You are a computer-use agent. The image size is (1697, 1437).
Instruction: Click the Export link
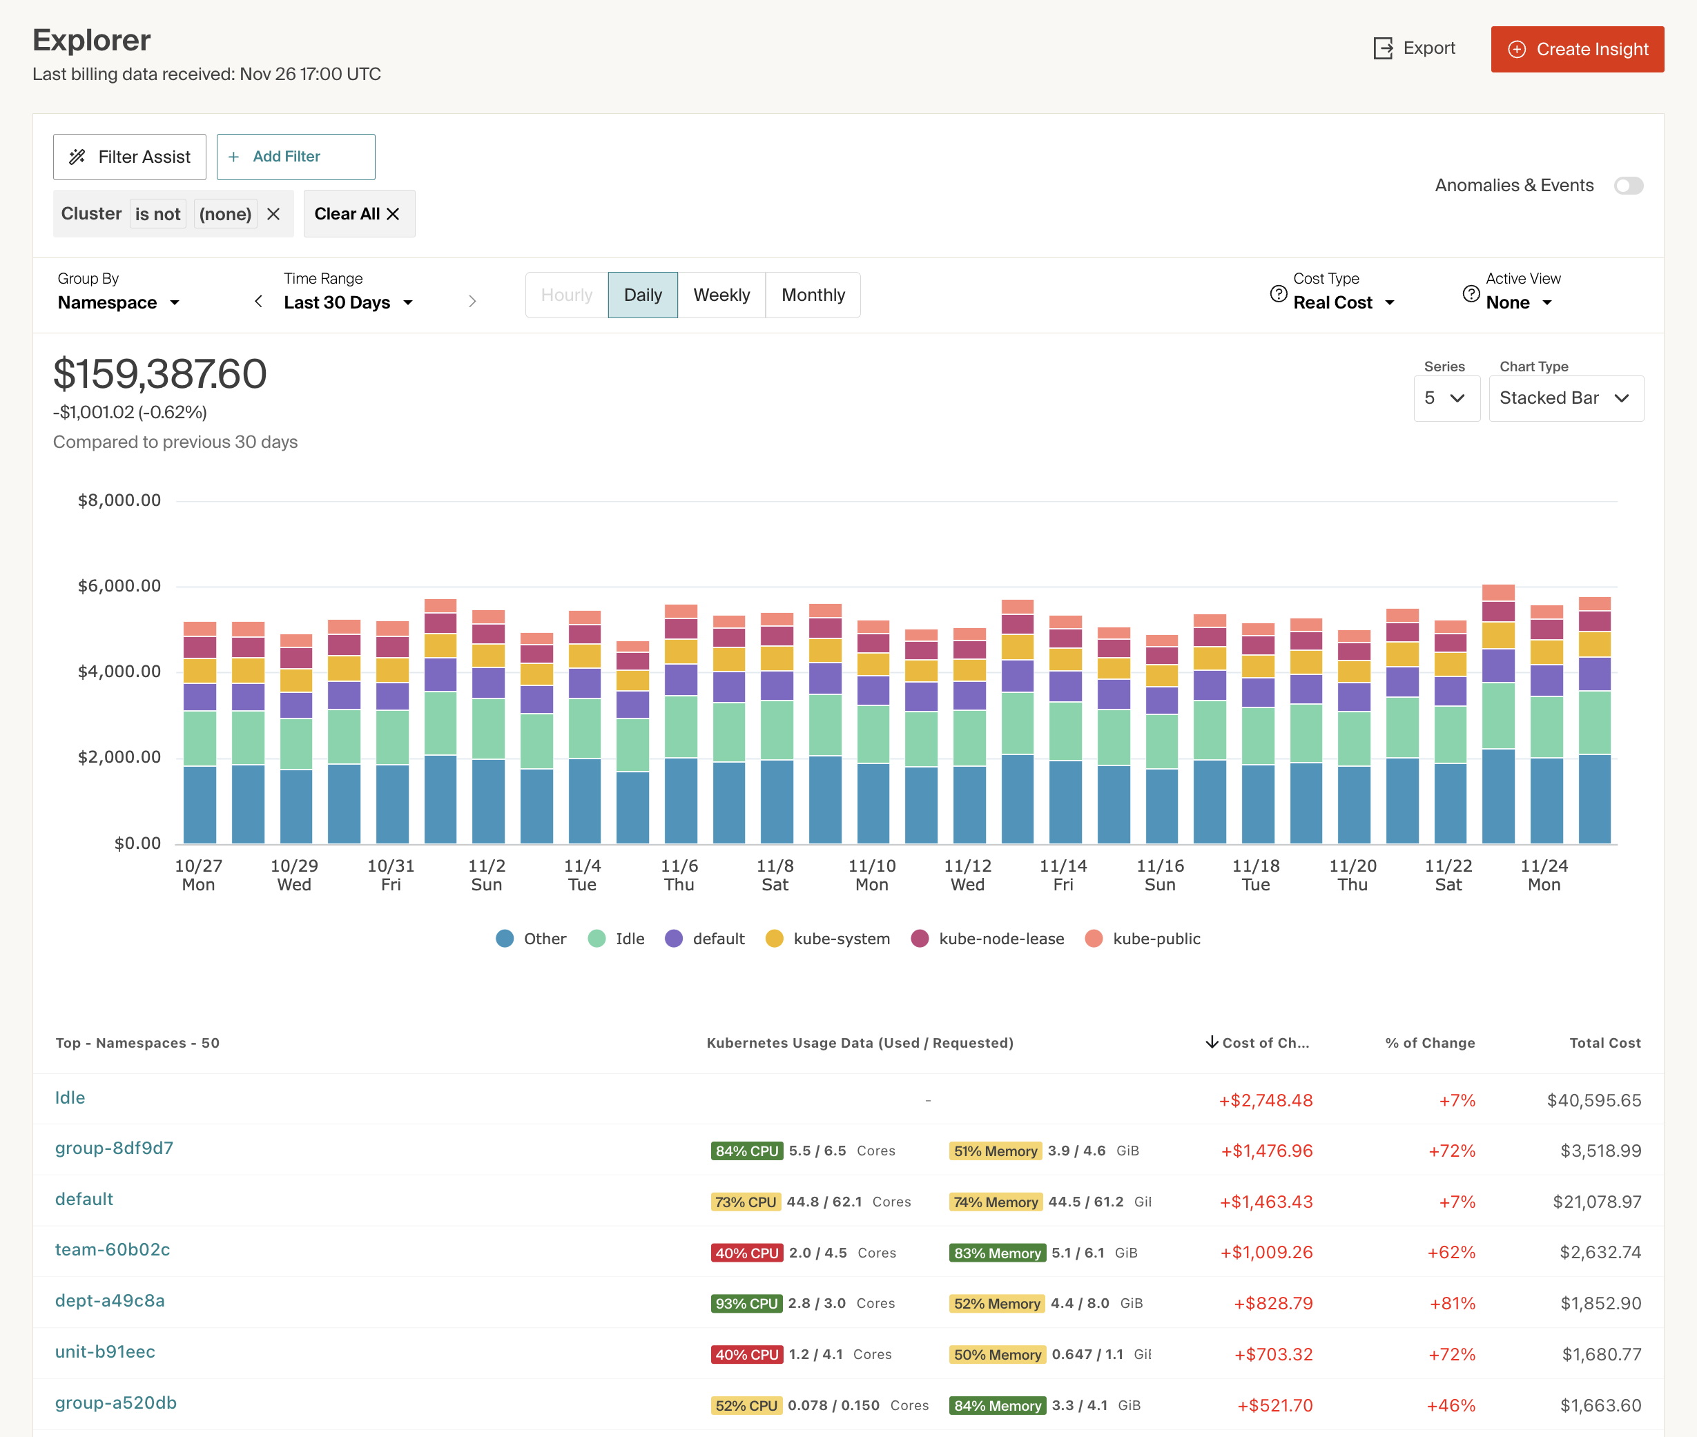point(1415,49)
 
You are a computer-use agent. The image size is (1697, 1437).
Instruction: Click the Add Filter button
point(295,157)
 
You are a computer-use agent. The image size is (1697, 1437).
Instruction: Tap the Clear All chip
point(358,214)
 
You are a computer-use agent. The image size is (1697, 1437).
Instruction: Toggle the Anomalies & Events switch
point(1628,186)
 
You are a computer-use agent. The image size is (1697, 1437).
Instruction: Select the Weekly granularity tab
point(721,295)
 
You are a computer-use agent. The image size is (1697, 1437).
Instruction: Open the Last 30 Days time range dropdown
point(348,303)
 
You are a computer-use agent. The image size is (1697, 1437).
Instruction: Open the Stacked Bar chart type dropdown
point(1565,398)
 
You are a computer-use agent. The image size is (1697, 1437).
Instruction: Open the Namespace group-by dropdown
point(118,303)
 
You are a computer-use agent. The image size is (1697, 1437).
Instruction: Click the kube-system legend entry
point(828,939)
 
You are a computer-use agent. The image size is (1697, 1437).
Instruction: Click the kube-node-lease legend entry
point(987,939)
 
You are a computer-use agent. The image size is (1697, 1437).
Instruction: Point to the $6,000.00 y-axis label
point(119,586)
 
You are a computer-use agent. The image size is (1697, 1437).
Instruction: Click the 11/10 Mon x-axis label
point(872,875)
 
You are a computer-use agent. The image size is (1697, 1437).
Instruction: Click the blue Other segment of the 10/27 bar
point(200,804)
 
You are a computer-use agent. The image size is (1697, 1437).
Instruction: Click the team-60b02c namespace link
point(113,1250)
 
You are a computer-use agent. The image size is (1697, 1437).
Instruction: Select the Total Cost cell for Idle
point(1593,1101)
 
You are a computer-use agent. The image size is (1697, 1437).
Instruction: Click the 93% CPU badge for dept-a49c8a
point(746,1303)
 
